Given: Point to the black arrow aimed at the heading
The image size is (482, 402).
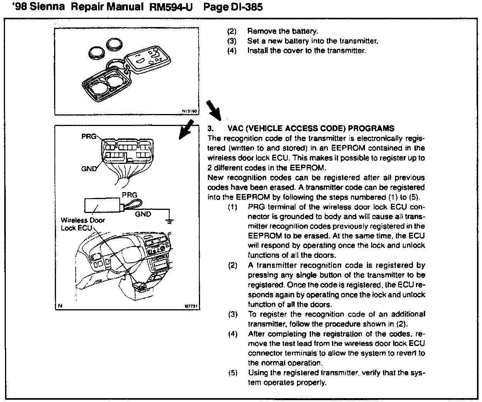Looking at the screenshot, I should (213, 109).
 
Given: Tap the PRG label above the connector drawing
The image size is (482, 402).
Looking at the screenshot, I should (88, 136).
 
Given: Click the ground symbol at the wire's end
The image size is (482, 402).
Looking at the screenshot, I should (169, 221).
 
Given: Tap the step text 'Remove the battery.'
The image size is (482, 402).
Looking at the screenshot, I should (283, 31).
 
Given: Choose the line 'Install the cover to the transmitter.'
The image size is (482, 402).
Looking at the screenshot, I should (306, 51).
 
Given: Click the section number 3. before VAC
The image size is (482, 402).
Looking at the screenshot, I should (210, 129).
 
